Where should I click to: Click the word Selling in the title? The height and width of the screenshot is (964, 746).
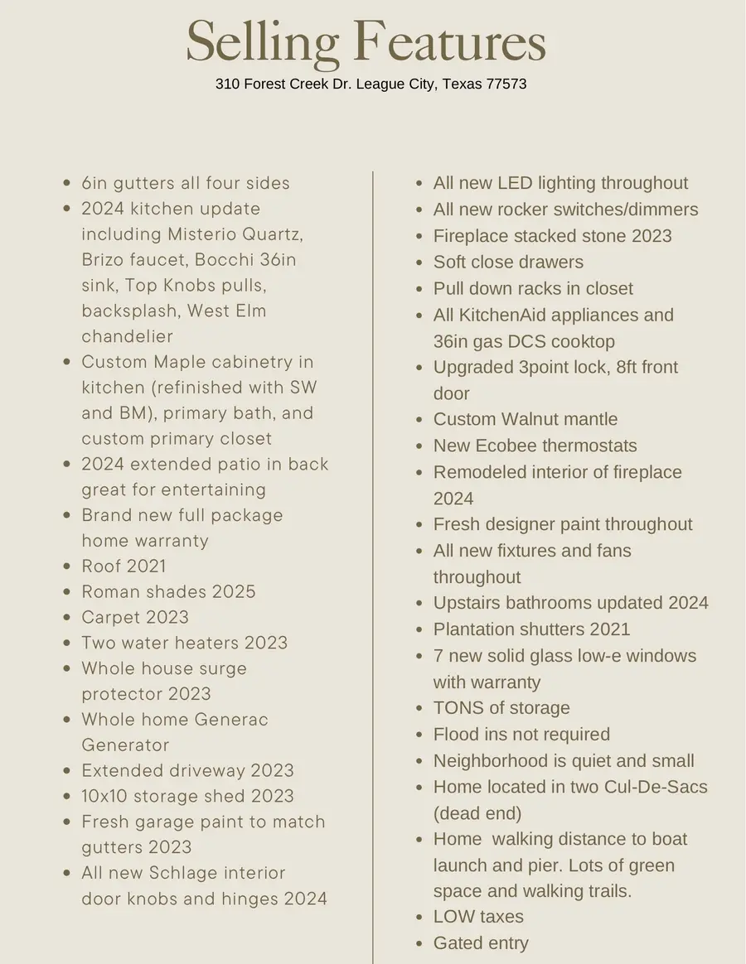tap(263, 43)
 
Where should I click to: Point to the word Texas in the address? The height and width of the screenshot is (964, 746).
tap(461, 84)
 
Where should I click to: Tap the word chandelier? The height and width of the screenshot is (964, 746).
tap(128, 336)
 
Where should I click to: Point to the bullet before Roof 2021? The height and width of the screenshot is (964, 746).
tap(66, 567)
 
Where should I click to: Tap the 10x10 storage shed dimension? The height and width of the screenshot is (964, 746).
tap(104, 797)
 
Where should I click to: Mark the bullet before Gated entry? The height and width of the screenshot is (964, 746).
tap(418, 943)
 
